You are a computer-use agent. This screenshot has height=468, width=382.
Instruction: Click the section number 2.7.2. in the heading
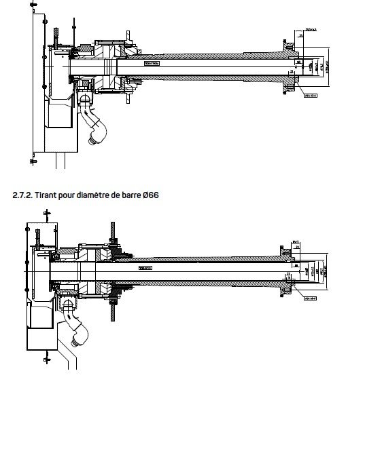pos(24,195)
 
